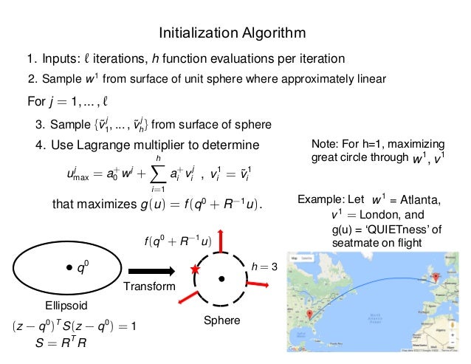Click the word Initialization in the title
coord(191,33)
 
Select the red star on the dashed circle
coord(195,270)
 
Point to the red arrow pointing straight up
coord(221,238)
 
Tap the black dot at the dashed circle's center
coord(221,278)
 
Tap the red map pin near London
coord(436,277)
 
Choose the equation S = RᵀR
coord(59,342)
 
